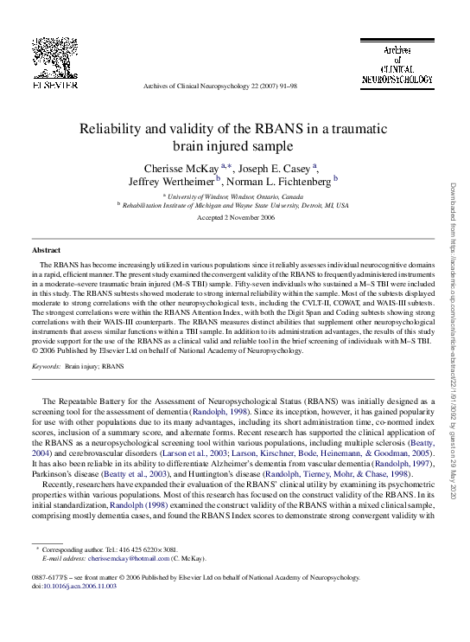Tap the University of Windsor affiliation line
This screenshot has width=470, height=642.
(233, 196)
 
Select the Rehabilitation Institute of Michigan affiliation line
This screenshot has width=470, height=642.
(233, 206)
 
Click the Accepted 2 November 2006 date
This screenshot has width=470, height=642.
(233, 218)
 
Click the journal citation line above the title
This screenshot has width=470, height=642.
(219, 87)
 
